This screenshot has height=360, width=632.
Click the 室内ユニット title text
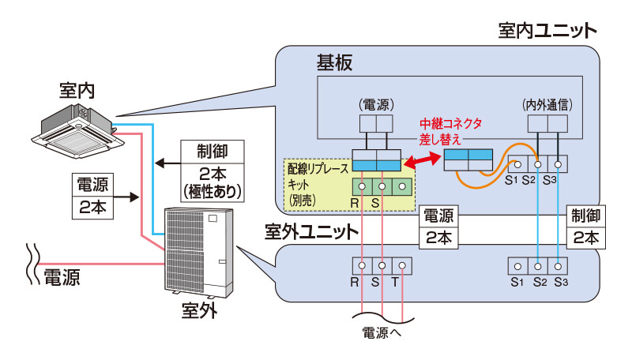pos(547,31)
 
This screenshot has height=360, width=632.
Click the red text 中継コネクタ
pos(450,124)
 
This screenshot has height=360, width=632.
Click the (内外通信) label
pos(547,103)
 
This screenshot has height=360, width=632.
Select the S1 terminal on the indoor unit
pos(518,165)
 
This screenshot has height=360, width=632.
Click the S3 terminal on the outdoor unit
pos(559,265)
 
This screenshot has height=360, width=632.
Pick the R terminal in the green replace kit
pos(362,187)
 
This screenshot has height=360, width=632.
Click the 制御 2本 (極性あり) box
pos(211,170)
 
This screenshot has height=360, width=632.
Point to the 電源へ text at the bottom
pos(382,332)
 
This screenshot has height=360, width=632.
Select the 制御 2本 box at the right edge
pos(585,226)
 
